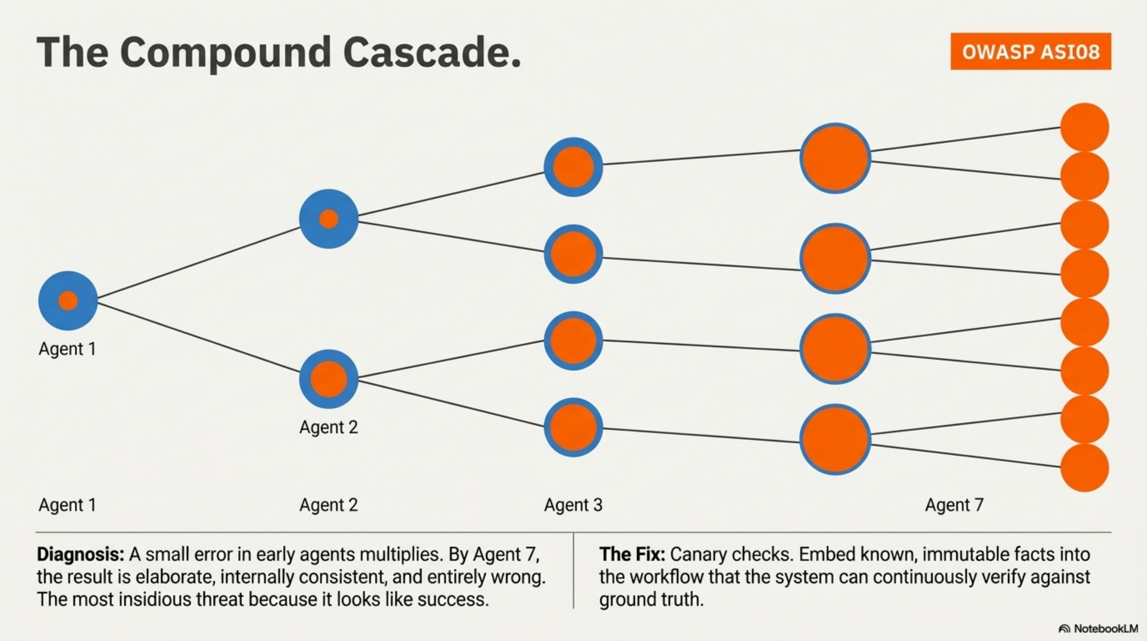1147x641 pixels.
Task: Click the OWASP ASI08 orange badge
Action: [1030, 51]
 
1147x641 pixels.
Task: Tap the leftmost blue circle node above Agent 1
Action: [68, 300]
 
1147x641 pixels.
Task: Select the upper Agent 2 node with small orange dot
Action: [328, 219]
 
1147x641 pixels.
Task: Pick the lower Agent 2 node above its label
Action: [328, 379]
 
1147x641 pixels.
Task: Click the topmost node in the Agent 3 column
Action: [573, 167]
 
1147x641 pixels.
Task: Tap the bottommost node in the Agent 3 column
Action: [573, 427]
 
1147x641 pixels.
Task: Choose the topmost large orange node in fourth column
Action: [835, 158]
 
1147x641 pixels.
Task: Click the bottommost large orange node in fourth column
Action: [835, 439]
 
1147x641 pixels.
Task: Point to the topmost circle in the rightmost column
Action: [1084, 127]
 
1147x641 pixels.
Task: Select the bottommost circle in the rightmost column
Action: [1084, 467]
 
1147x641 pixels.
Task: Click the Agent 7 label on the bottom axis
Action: [954, 505]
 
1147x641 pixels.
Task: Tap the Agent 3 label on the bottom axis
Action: [573, 505]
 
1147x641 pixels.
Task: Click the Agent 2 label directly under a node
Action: [328, 427]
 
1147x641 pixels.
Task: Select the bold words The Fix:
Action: [632, 555]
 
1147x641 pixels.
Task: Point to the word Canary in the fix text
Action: [698, 555]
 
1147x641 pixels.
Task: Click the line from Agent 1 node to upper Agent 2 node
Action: [198, 262]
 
